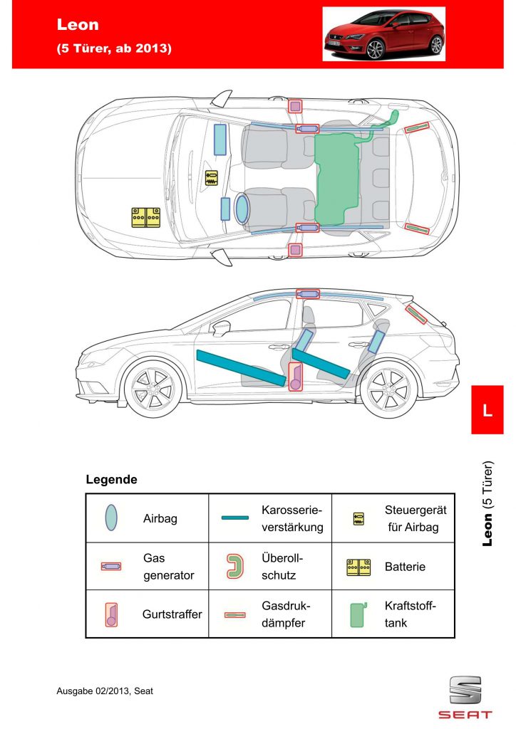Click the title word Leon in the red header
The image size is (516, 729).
78,24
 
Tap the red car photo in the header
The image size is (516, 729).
384,34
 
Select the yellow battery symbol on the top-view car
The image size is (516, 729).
145,218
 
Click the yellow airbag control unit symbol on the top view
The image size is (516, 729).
211,178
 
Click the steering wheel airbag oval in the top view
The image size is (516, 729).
242,209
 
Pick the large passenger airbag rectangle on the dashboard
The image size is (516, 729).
220,140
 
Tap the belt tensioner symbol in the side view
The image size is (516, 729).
296,377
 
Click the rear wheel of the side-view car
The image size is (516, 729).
388,389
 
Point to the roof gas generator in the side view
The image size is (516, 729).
308,294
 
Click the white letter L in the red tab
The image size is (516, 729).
487,411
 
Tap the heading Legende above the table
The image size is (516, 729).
111,479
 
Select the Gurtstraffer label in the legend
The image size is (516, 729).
172,614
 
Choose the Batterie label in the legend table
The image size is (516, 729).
405,567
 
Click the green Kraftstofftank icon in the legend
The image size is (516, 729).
357,614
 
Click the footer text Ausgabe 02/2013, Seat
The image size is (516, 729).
105,691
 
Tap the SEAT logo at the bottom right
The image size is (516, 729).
465,698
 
